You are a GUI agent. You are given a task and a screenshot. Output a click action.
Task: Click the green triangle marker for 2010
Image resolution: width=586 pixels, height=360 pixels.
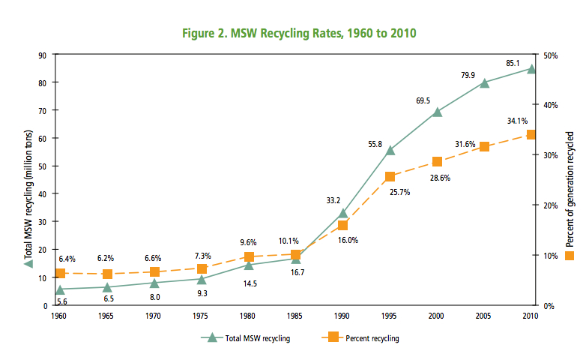pyautogui.click(x=531, y=69)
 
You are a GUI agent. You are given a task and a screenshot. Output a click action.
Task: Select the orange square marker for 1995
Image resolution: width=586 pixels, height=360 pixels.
pyautogui.click(x=390, y=177)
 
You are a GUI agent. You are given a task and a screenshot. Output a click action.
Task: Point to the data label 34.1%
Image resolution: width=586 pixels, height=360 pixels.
pyautogui.click(x=517, y=121)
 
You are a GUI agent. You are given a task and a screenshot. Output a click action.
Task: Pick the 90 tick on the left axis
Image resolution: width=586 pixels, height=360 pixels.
pyautogui.click(x=43, y=55)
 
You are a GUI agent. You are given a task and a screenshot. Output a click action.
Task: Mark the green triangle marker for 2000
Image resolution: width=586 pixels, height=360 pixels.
pyautogui.click(x=438, y=112)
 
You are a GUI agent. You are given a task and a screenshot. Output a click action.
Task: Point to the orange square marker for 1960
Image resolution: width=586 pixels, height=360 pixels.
pyautogui.click(x=60, y=274)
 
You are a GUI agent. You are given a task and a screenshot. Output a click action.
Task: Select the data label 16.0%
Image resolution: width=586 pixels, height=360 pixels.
pyautogui.click(x=348, y=240)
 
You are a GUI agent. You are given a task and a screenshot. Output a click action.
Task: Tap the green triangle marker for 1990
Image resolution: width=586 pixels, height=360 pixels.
pyautogui.click(x=343, y=214)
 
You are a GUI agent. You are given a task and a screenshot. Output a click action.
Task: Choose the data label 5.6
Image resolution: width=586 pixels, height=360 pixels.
pyautogui.click(x=63, y=301)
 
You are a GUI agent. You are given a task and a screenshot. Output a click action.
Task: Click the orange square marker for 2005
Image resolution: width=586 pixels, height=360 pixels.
pyautogui.click(x=484, y=146)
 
